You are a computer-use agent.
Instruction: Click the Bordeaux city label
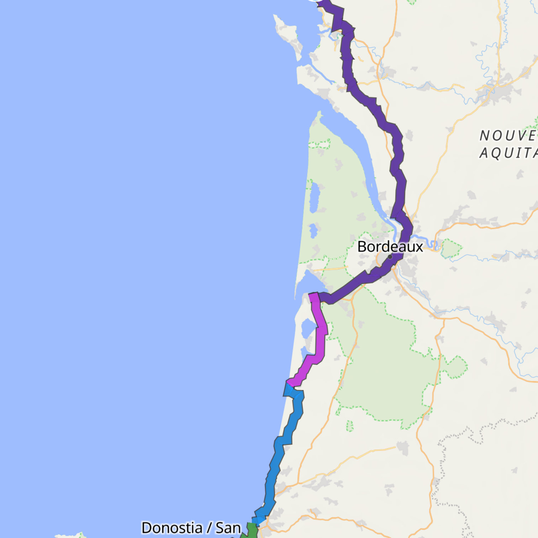click(390, 247)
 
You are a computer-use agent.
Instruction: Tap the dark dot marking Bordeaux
click(390, 257)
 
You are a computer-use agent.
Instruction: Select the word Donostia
click(172, 528)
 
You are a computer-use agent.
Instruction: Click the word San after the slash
click(228, 528)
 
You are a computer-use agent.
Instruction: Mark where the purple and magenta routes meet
click(316, 297)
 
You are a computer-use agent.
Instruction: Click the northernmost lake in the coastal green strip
click(313, 197)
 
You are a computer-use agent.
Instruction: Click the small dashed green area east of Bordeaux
click(451, 248)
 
